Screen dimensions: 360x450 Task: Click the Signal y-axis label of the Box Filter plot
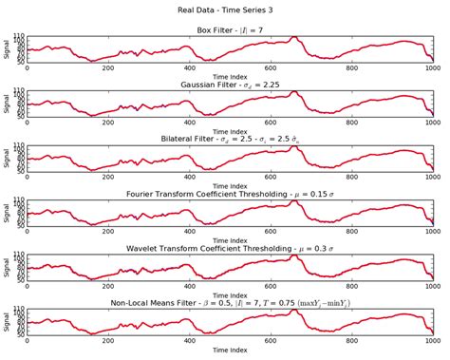click(x=7, y=49)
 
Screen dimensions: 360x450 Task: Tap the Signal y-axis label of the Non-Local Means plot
click(x=7, y=324)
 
